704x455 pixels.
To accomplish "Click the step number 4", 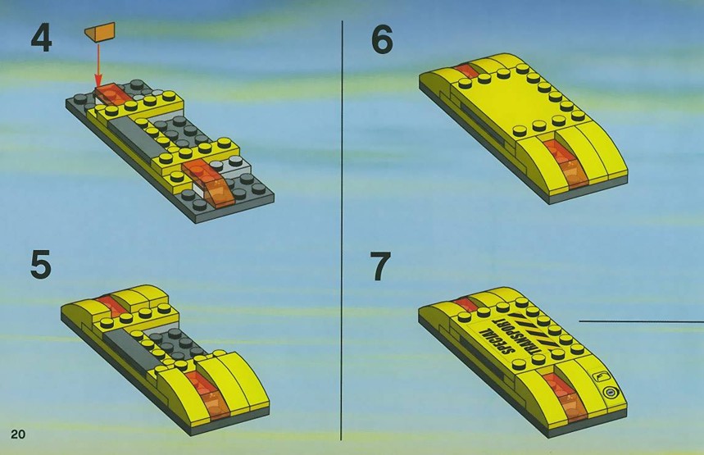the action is click(x=41, y=39).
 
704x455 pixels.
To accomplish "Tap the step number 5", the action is click(x=40, y=265).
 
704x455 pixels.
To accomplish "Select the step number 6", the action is click(x=382, y=39).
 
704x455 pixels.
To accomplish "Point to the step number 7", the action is click(x=380, y=266).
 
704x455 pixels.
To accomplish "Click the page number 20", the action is click(x=18, y=434).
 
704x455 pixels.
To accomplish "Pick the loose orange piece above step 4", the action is click(x=100, y=32).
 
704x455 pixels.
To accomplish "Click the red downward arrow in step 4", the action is click(x=98, y=65).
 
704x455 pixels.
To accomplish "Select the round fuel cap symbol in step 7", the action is click(x=610, y=393).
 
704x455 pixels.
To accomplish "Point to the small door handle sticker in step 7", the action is click(x=601, y=376).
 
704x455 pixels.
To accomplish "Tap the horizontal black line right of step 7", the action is click(x=641, y=321).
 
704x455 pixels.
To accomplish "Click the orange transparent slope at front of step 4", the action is click(x=210, y=184).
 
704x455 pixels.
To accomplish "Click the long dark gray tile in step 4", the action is click(x=134, y=136).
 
